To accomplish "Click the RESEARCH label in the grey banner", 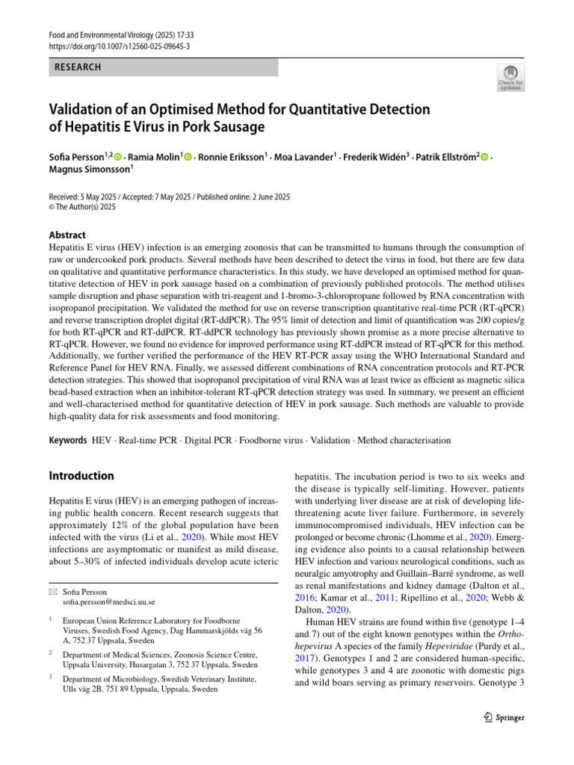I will (x=78, y=67).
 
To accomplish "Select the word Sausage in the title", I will (x=237, y=127).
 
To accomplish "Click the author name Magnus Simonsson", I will (x=89, y=170).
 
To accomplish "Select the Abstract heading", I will (x=67, y=235).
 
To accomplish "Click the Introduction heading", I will (x=81, y=476).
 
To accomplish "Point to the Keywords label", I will (x=68, y=442).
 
